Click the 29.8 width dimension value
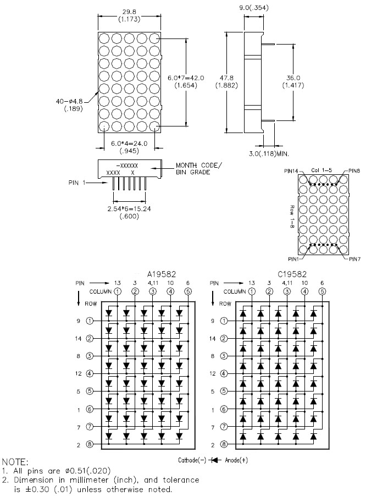point(129,12)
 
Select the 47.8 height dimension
point(226,78)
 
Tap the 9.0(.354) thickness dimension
point(254,8)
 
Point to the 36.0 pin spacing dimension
point(293,78)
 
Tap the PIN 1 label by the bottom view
point(77,183)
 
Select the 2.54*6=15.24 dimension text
point(129,209)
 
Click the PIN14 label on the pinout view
point(291,171)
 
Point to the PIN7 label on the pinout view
point(355,260)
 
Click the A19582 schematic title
point(161,274)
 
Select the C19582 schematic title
point(292,274)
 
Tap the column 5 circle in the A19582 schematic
point(188,291)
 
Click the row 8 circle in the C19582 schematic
point(224,444)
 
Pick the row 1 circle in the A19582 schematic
point(90,321)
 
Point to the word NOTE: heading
point(15,462)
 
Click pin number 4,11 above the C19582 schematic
point(287,283)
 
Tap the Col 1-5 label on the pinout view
point(322,170)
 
